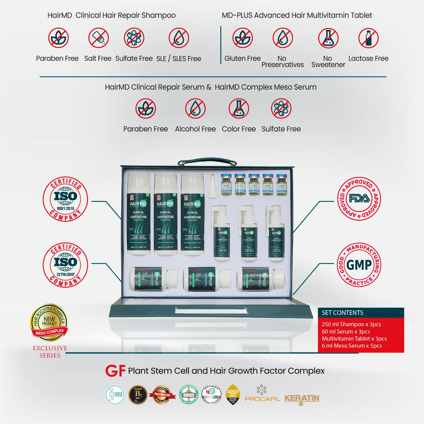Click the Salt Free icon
[x=99, y=38]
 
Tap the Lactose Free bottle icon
[x=369, y=38]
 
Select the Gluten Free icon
[x=243, y=38]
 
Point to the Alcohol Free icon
[x=195, y=109]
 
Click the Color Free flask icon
[x=239, y=109]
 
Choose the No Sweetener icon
[x=328, y=38]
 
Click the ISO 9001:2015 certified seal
[x=65, y=199]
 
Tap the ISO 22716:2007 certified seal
[x=65, y=265]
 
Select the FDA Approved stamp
[x=359, y=199]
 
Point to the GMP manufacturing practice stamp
[x=359, y=265]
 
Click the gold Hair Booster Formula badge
[x=49, y=322]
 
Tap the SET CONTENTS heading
[x=343, y=313]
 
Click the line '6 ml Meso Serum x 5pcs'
[x=352, y=346]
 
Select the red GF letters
[x=115, y=371]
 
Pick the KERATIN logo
[x=302, y=399]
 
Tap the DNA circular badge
[x=115, y=395]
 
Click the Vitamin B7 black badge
[x=138, y=395]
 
